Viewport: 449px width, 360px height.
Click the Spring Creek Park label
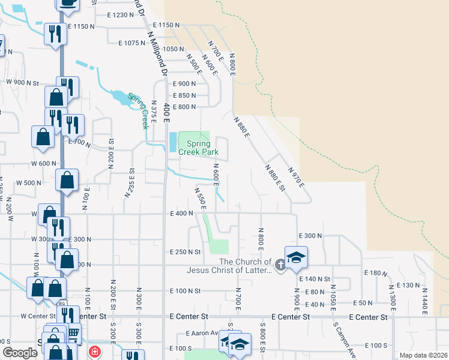click(198, 148)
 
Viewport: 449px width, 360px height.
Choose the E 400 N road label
click(182, 213)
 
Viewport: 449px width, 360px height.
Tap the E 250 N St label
click(185, 252)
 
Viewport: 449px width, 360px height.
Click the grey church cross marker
click(280, 264)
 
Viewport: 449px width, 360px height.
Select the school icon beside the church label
click(296, 257)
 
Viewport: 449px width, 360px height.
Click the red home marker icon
click(94, 352)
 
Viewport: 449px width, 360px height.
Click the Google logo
click(20, 353)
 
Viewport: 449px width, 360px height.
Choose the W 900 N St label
click(22, 82)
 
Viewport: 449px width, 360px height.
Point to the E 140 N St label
click(314, 279)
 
